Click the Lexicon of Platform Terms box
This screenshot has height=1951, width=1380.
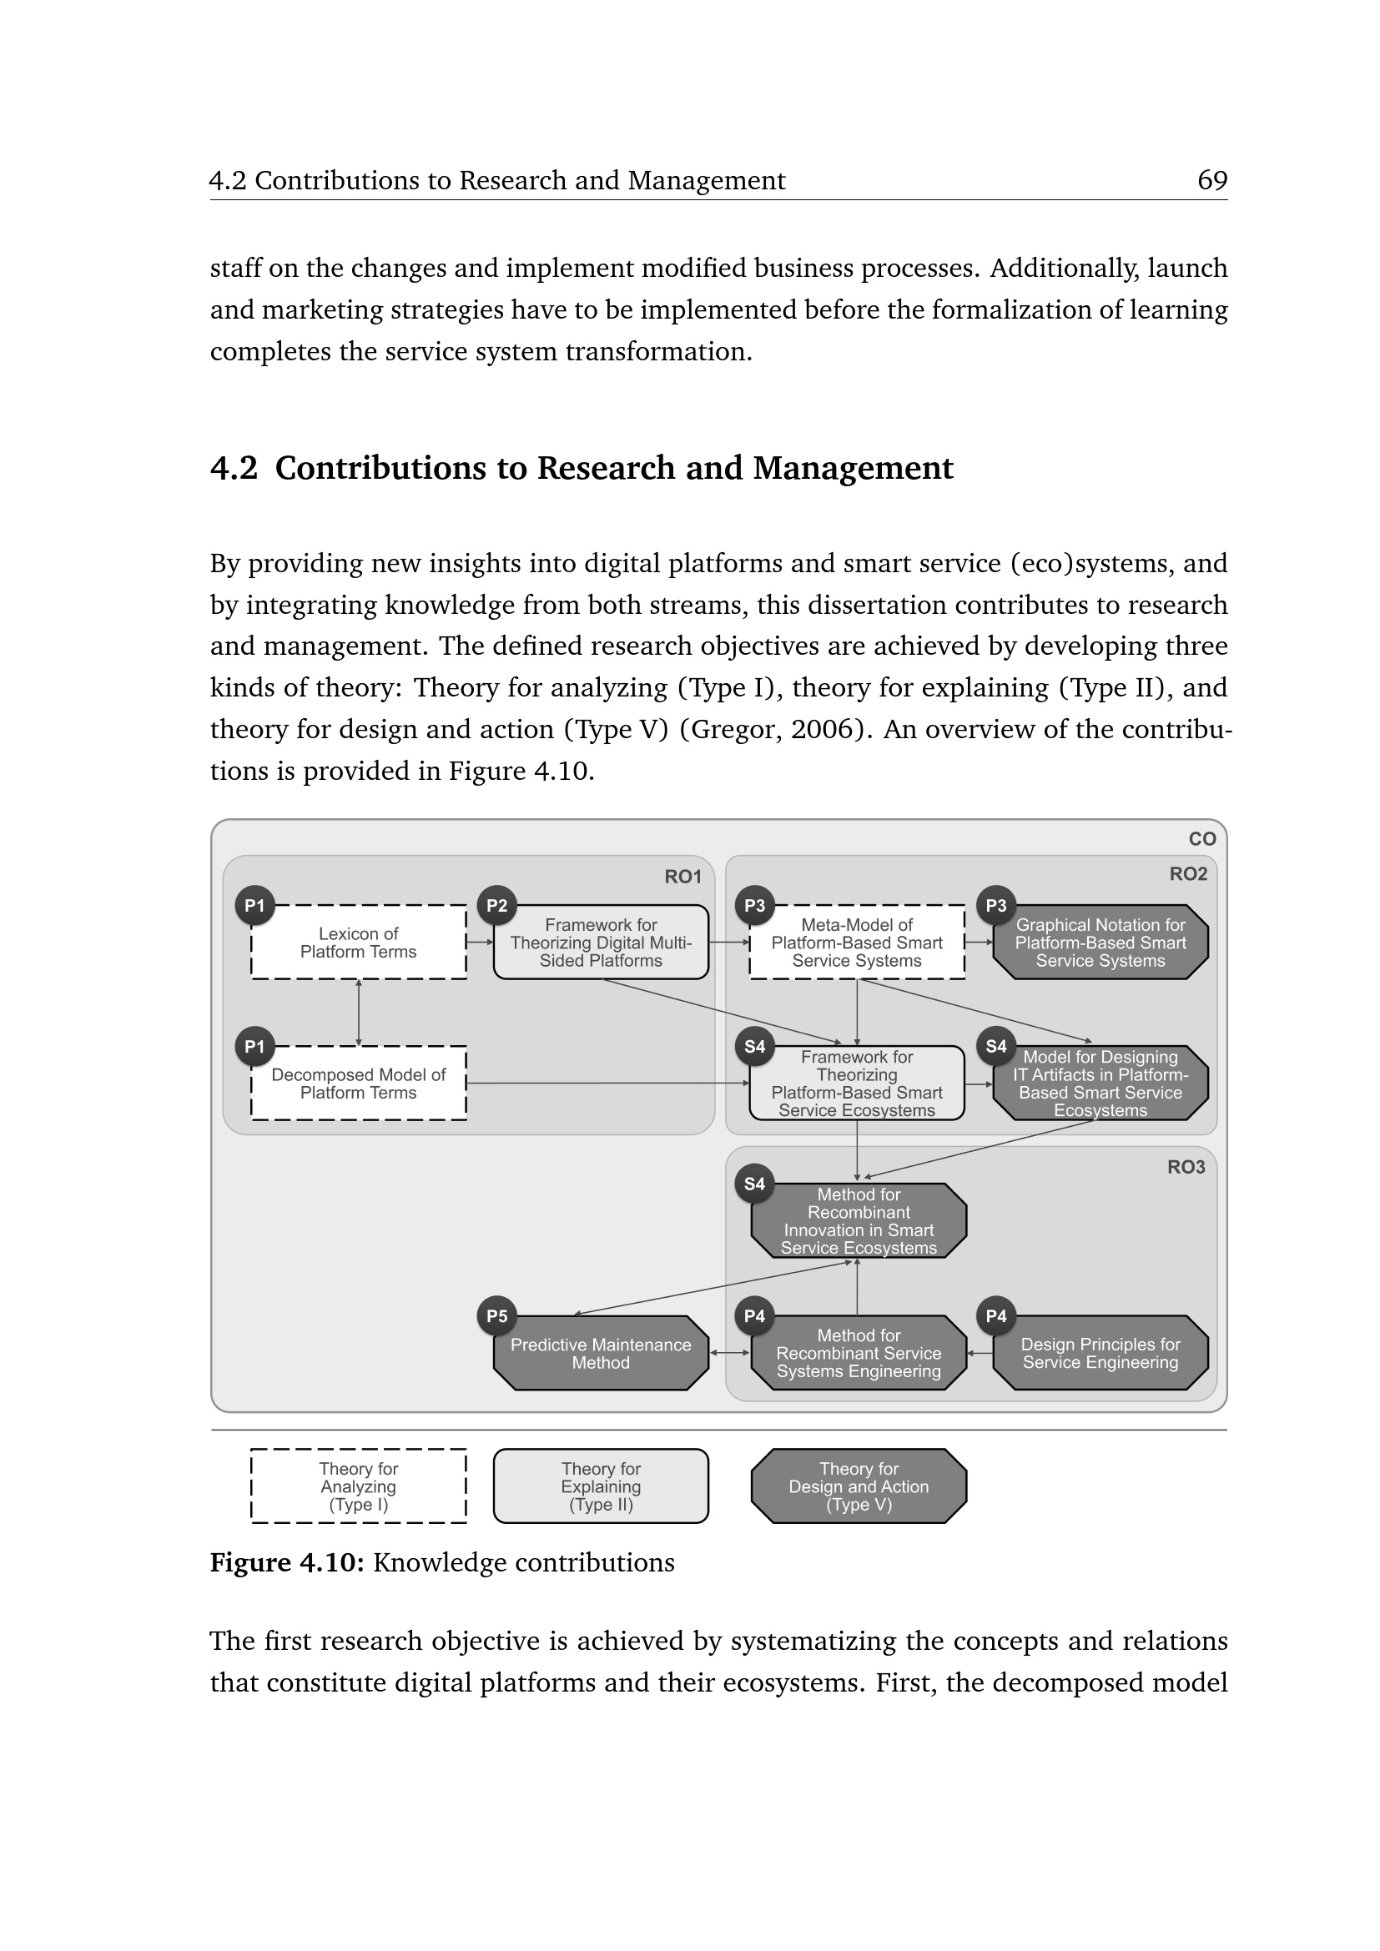[x=358, y=943]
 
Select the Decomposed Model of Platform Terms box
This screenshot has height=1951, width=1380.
[x=358, y=1084]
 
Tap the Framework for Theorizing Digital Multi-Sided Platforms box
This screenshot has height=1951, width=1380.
[x=601, y=943]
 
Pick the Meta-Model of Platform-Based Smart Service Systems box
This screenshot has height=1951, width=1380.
[x=857, y=943]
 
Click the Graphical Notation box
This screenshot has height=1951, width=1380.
[x=1100, y=943]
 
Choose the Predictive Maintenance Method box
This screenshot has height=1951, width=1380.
[x=601, y=1353]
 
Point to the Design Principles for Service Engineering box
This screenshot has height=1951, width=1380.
[x=1100, y=1353]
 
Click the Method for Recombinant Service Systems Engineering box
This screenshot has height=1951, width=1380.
[x=859, y=1353]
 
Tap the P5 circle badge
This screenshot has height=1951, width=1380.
[x=497, y=1316]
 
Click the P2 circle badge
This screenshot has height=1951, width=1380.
[x=497, y=906]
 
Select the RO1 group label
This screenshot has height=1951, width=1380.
[x=682, y=877]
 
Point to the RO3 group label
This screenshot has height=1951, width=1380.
[x=1186, y=1168]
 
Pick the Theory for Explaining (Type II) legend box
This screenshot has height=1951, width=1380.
[x=601, y=1486]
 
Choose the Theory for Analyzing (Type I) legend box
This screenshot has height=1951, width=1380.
[x=358, y=1486]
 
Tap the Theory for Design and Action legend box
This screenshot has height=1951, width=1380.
[x=859, y=1486]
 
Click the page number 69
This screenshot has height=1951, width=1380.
[x=1211, y=180]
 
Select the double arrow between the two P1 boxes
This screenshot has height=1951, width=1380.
[x=359, y=1012]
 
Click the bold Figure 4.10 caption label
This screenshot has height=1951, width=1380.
[x=287, y=1562]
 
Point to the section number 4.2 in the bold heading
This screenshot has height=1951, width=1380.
[x=234, y=468]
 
